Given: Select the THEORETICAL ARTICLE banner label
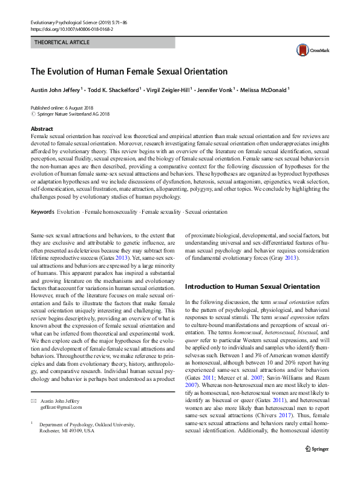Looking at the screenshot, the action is pyautogui.click(x=62, y=42).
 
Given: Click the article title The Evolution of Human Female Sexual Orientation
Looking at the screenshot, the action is pyautogui.click(x=129, y=71).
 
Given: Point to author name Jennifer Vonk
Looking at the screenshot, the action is pyautogui.click(x=215, y=90).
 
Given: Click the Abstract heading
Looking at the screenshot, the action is pyautogui.click(x=41, y=129).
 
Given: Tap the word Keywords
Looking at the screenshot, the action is pyautogui.click(x=42, y=212).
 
